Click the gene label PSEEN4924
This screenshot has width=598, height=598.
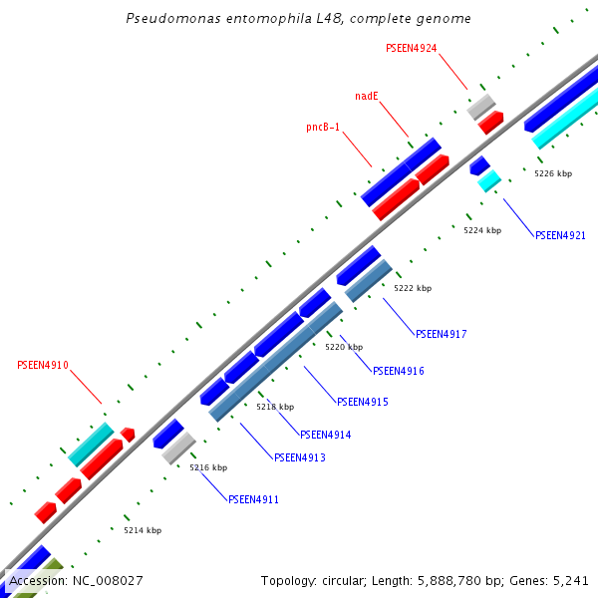411,48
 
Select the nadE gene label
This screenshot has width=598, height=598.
367,97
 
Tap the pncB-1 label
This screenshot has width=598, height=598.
323,128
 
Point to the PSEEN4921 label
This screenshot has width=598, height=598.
560,236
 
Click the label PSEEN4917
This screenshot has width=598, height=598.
441,334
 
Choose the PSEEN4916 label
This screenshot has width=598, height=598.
398,371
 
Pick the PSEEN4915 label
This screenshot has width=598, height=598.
362,402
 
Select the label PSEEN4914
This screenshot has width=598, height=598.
325,435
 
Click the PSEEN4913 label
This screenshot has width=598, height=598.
299,457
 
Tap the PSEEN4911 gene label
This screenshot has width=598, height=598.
253,499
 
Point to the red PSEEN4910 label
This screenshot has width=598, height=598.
43,366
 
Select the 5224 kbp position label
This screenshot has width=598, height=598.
482,230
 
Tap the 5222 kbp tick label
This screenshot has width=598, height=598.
413,288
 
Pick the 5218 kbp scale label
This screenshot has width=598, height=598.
275,407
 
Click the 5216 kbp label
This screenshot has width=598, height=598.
208,467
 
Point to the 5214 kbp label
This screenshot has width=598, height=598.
143,530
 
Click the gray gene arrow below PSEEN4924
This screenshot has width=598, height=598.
481,105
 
